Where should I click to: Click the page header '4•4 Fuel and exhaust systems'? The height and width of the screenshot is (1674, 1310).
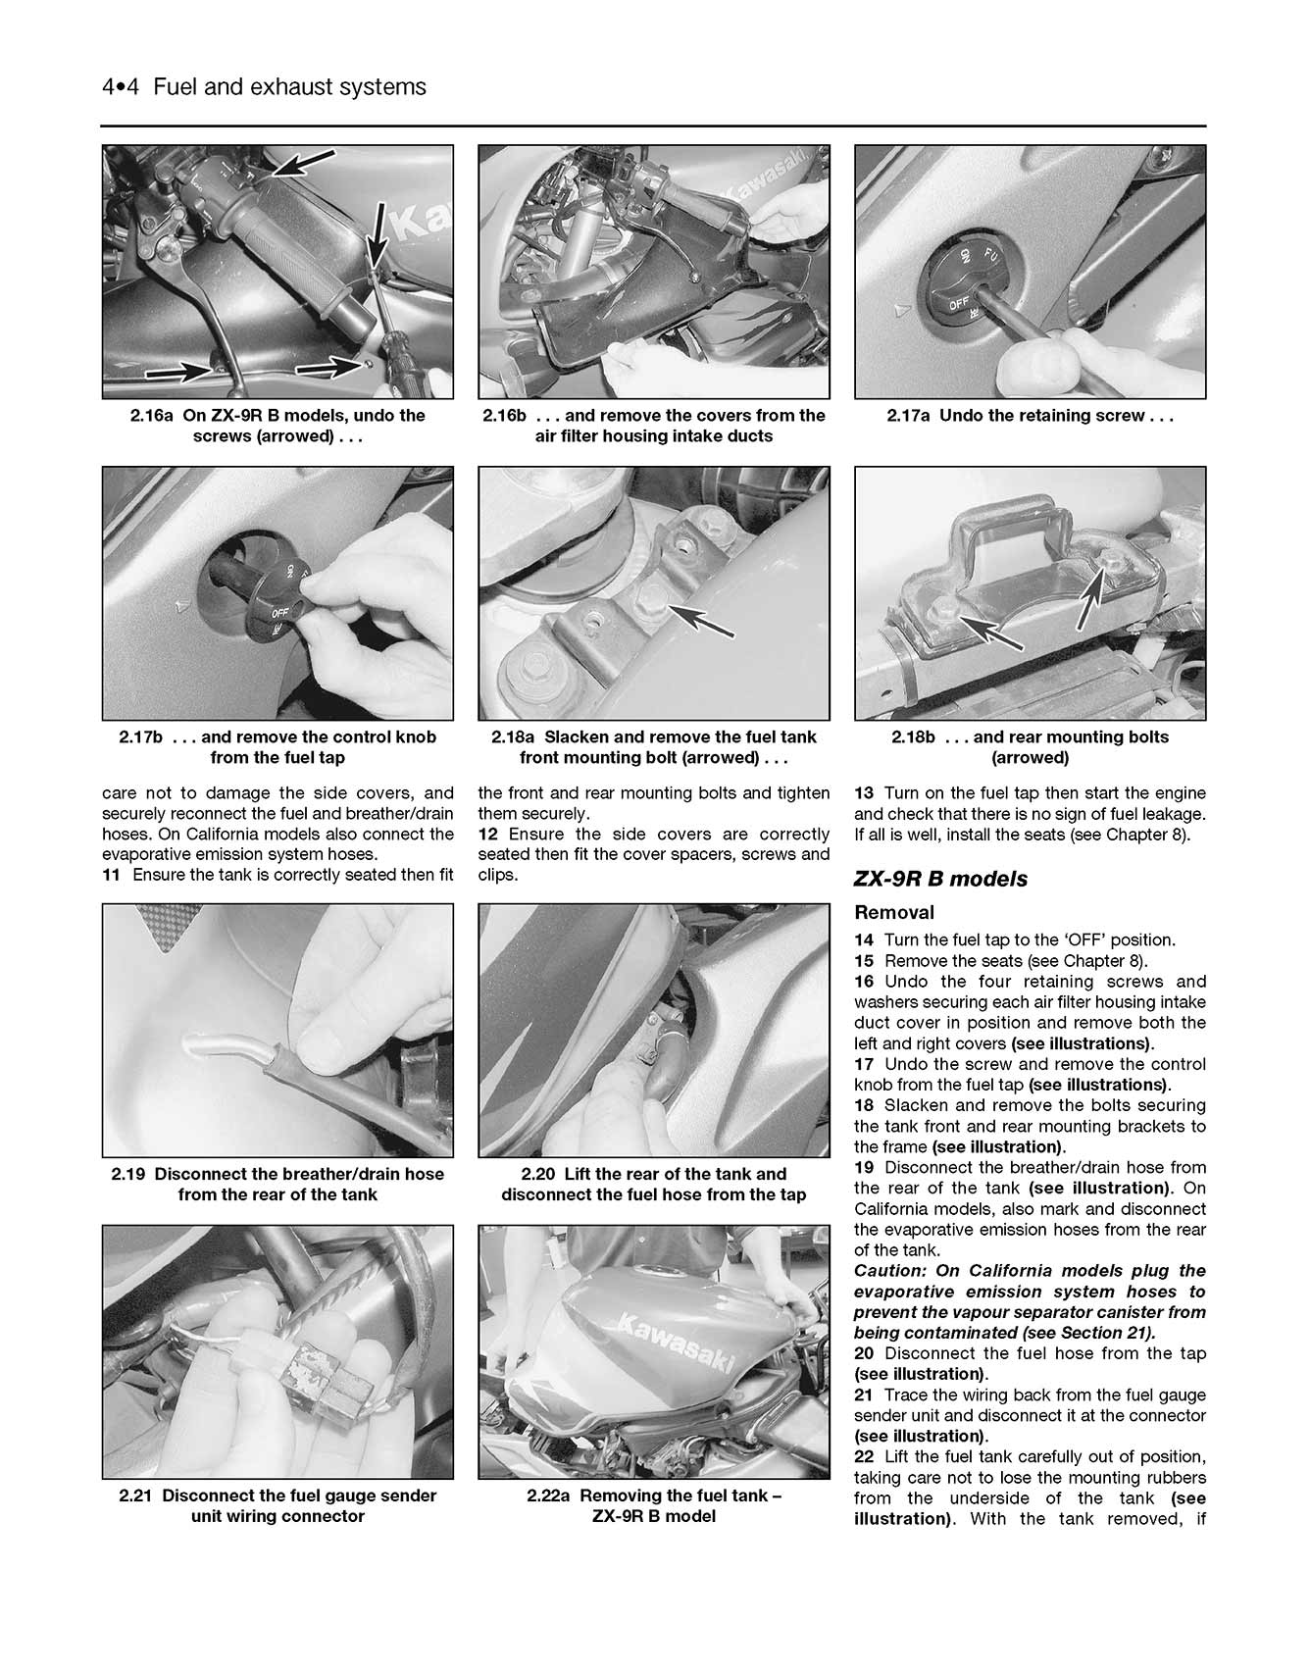click(264, 87)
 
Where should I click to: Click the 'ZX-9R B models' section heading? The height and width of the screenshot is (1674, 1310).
click(940, 879)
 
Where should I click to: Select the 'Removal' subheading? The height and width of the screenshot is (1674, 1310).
click(893, 912)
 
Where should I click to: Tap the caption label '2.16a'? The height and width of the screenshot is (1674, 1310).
click(152, 415)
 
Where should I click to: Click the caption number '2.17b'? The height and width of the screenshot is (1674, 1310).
click(140, 736)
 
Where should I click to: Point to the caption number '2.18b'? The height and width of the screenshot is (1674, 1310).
click(913, 736)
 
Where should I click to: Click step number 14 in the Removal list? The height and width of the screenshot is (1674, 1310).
click(864, 939)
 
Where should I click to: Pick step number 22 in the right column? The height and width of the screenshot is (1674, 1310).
click(864, 1456)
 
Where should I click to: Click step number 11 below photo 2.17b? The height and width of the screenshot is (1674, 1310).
click(111, 875)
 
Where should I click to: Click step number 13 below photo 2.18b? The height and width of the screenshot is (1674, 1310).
click(864, 792)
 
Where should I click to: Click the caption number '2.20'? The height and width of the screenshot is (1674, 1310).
click(539, 1174)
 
